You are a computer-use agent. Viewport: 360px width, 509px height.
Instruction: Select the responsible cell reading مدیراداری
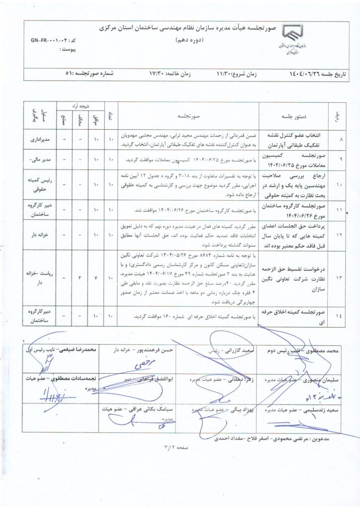tap(40, 141)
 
